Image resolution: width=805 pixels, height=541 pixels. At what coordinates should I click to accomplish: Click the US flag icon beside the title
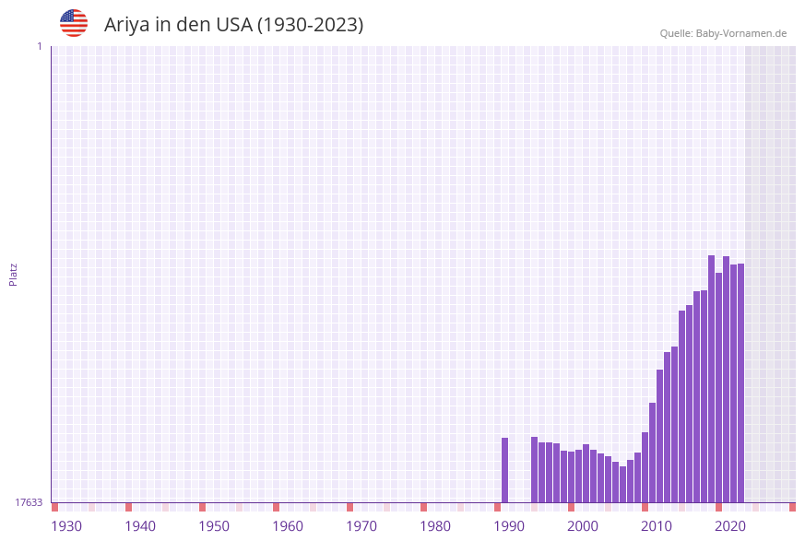pyautogui.click(x=74, y=23)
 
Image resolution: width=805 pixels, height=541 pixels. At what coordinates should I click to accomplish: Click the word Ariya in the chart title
pyautogui.click(x=125, y=25)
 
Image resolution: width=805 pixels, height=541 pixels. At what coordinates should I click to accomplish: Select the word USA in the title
pyautogui.click(x=233, y=25)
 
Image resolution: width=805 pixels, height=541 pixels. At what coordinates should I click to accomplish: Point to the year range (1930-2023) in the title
pyautogui.click(x=310, y=25)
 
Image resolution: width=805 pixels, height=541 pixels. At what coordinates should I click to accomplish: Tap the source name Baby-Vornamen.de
pyautogui.click(x=742, y=34)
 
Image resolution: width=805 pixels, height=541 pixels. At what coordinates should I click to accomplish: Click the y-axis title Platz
pyautogui.click(x=14, y=274)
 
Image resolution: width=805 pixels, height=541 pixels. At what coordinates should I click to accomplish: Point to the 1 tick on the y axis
pyautogui.click(x=39, y=46)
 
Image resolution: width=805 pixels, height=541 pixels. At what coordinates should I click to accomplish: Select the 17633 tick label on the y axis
pyautogui.click(x=29, y=502)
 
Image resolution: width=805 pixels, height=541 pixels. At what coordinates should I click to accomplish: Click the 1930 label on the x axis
pyautogui.click(x=66, y=526)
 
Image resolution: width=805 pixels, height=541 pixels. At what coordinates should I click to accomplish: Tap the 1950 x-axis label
pyautogui.click(x=214, y=526)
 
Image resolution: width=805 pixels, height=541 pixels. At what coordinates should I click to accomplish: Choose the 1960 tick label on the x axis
pyautogui.click(x=288, y=526)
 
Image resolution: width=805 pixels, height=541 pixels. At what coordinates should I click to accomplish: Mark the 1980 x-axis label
pyautogui.click(x=435, y=526)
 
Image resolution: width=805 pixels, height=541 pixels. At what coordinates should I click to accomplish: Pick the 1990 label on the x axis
pyautogui.click(x=509, y=526)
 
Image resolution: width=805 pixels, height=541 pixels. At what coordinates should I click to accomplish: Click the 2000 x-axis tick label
pyautogui.click(x=583, y=526)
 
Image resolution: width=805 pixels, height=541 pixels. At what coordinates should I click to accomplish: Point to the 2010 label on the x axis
pyautogui.click(x=657, y=526)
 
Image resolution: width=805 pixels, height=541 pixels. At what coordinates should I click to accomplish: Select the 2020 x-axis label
pyautogui.click(x=730, y=526)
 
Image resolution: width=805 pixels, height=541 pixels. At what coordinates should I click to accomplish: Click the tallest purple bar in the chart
pyautogui.click(x=712, y=378)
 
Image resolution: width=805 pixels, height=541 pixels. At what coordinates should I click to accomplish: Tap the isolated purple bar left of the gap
pyautogui.click(x=505, y=470)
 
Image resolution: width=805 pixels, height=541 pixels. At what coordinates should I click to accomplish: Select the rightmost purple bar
pyautogui.click(x=740, y=382)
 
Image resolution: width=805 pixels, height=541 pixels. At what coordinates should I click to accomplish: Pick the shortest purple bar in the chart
pyautogui.click(x=623, y=484)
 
